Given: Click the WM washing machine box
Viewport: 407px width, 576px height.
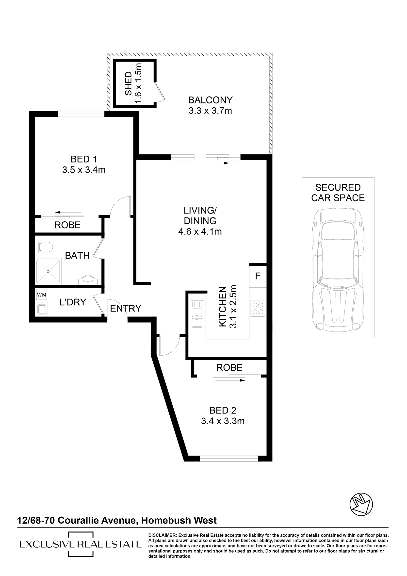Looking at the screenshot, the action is [x=42, y=295].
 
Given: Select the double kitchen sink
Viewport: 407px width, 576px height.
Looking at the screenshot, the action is [x=197, y=314].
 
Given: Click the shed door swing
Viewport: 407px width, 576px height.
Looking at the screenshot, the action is [x=160, y=92].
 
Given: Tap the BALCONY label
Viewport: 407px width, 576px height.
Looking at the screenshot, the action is [x=211, y=100].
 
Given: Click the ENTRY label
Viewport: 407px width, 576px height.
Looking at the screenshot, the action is [x=126, y=308].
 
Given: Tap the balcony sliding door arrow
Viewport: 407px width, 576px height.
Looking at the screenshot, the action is [x=219, y=163].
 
